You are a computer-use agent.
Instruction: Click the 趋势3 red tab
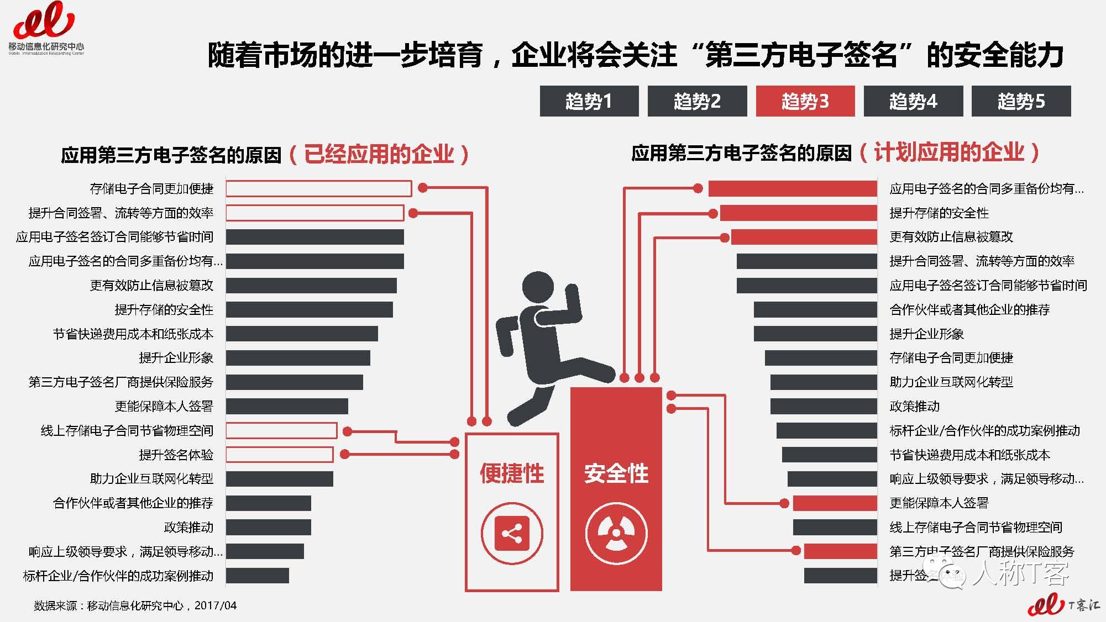(x=805, y=101)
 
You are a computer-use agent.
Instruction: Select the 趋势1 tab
(x=589, y=101)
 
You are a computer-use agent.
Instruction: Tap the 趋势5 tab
(x=1021, y=101)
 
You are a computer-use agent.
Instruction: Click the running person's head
(x=538, y=288)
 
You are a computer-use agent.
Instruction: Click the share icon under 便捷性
(x=511, y=534)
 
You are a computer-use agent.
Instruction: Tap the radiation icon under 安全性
(x=616, y=534)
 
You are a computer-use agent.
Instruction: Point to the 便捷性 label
(x=511, y=473)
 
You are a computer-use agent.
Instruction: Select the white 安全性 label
(x=616, y=473)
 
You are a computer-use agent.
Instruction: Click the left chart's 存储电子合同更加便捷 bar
(x=318, y=188)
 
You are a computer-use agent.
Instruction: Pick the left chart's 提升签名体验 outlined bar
(x=279, y=455)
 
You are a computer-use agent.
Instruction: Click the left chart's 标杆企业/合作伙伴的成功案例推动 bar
(x=257, y=576)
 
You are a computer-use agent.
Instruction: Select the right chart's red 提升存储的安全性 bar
(x=798, y=213)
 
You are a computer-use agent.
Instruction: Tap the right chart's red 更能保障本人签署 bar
(x=835, y=503)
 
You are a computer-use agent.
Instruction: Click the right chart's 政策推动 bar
(x=824, y=406)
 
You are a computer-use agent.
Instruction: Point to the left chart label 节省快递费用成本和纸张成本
(x=133, y=334)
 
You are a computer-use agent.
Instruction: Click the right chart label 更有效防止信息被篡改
(x=951, y=237)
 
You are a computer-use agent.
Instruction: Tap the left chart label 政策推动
(x=188, y=527)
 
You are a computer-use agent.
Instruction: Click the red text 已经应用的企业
(x=379, y=154)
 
